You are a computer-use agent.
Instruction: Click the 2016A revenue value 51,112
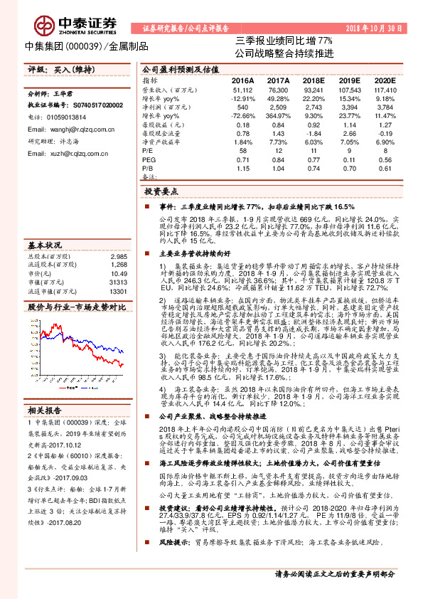coord(243,91)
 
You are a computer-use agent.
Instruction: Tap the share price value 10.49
coord(119,254)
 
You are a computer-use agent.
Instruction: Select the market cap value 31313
coord(119,263)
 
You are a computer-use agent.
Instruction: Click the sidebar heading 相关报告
coord(45,390)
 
